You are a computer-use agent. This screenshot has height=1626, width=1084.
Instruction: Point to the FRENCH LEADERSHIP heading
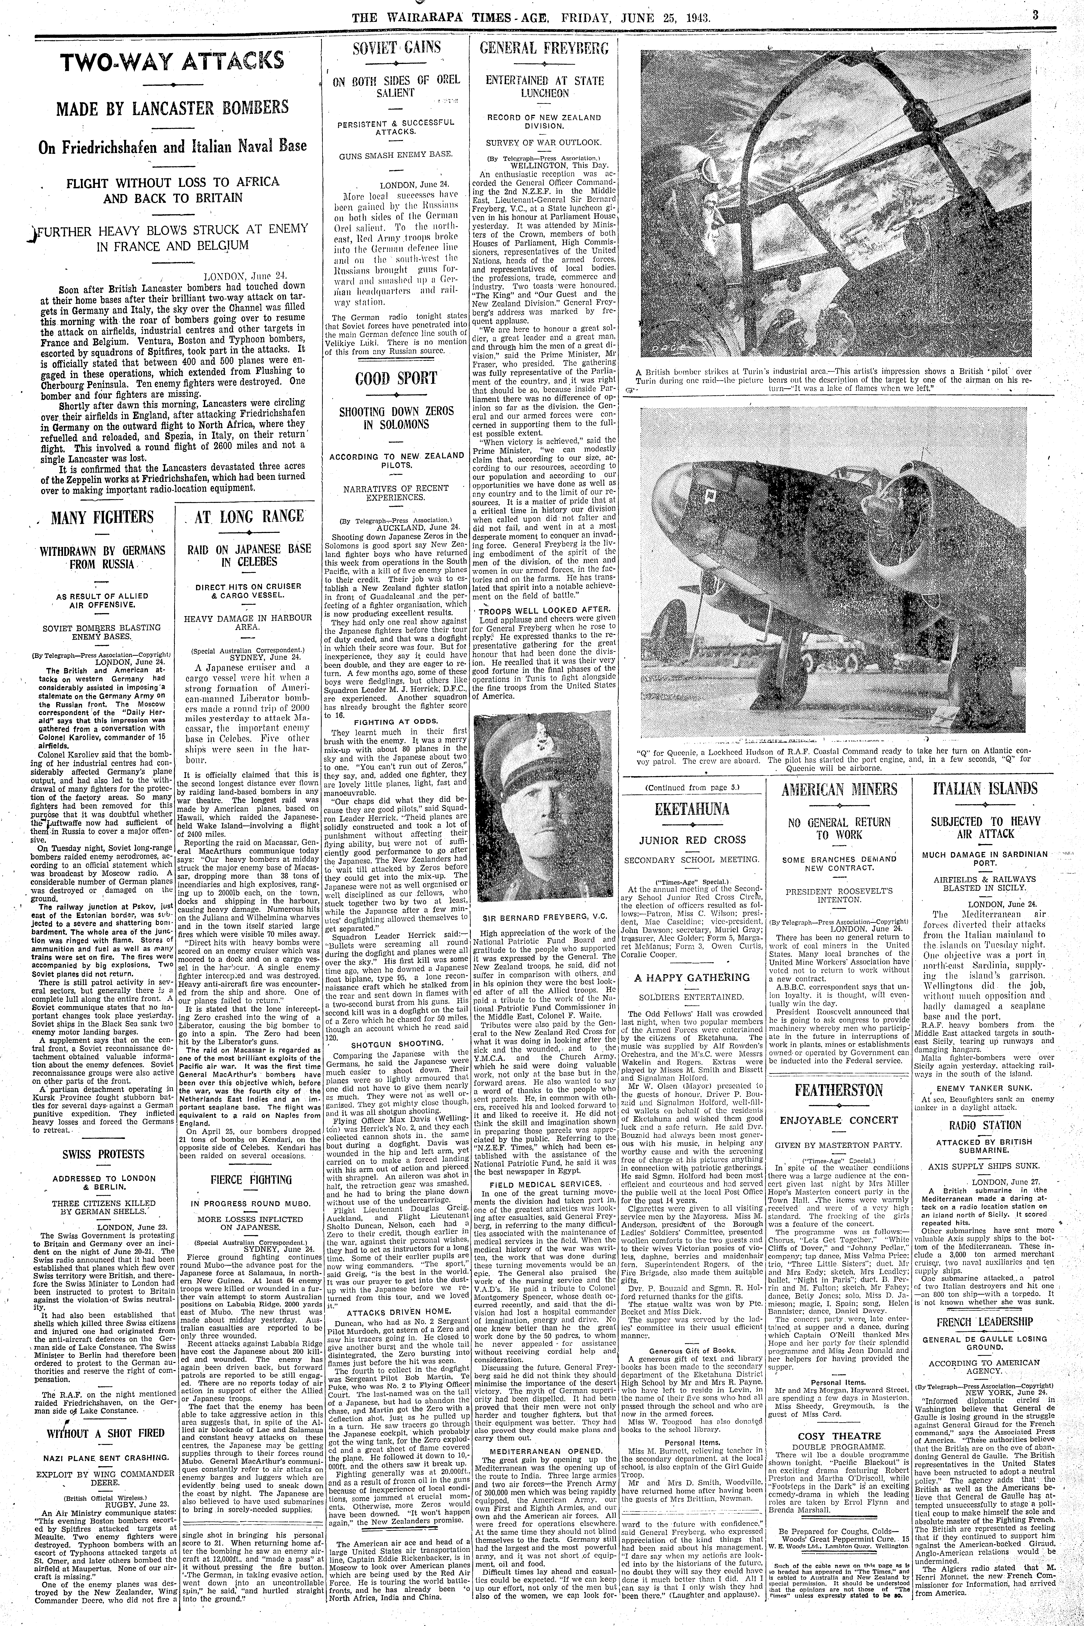tap(984, 1322)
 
